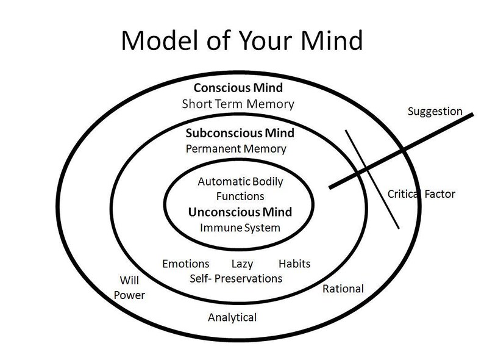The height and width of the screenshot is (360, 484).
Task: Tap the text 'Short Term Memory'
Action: click(238, 104)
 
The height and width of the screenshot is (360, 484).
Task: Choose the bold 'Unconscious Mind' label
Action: click(240, 212)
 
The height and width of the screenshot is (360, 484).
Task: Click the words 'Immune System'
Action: click(240, 228)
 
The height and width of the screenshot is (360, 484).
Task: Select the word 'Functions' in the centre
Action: click(240, 196)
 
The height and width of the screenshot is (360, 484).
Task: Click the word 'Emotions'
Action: click(185, 264)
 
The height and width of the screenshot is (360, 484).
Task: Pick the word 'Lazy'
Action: click(242, 264)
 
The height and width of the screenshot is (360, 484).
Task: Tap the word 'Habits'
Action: click(294, 264)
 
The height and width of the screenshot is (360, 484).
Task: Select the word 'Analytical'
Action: click(232, 317)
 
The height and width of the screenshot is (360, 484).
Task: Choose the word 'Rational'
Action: click(342, 289)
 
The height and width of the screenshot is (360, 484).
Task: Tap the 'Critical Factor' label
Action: click(421, 195)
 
